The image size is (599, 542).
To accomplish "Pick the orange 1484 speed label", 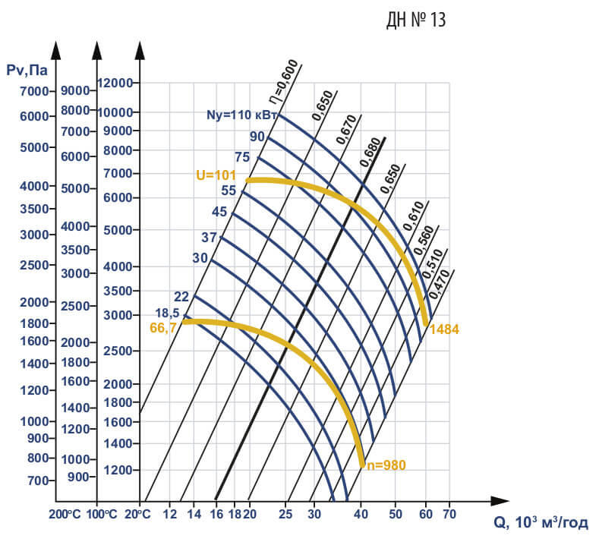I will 444,329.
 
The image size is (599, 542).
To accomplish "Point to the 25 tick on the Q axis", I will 286,513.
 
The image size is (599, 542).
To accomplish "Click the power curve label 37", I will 209,238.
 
